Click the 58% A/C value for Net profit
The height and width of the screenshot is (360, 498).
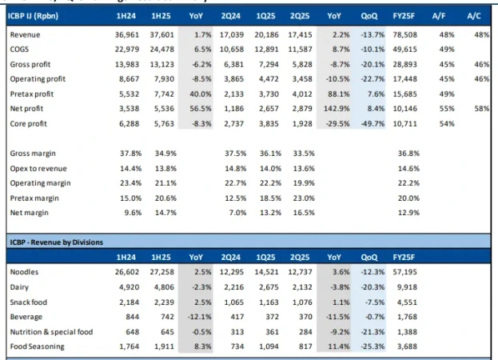[481, 109]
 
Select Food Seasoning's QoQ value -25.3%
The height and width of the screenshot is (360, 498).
[367, 346]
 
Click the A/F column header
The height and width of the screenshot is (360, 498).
[443, 15]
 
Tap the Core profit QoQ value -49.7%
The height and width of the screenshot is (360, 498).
[367, 123]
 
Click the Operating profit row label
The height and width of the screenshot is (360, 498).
[39, 79]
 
